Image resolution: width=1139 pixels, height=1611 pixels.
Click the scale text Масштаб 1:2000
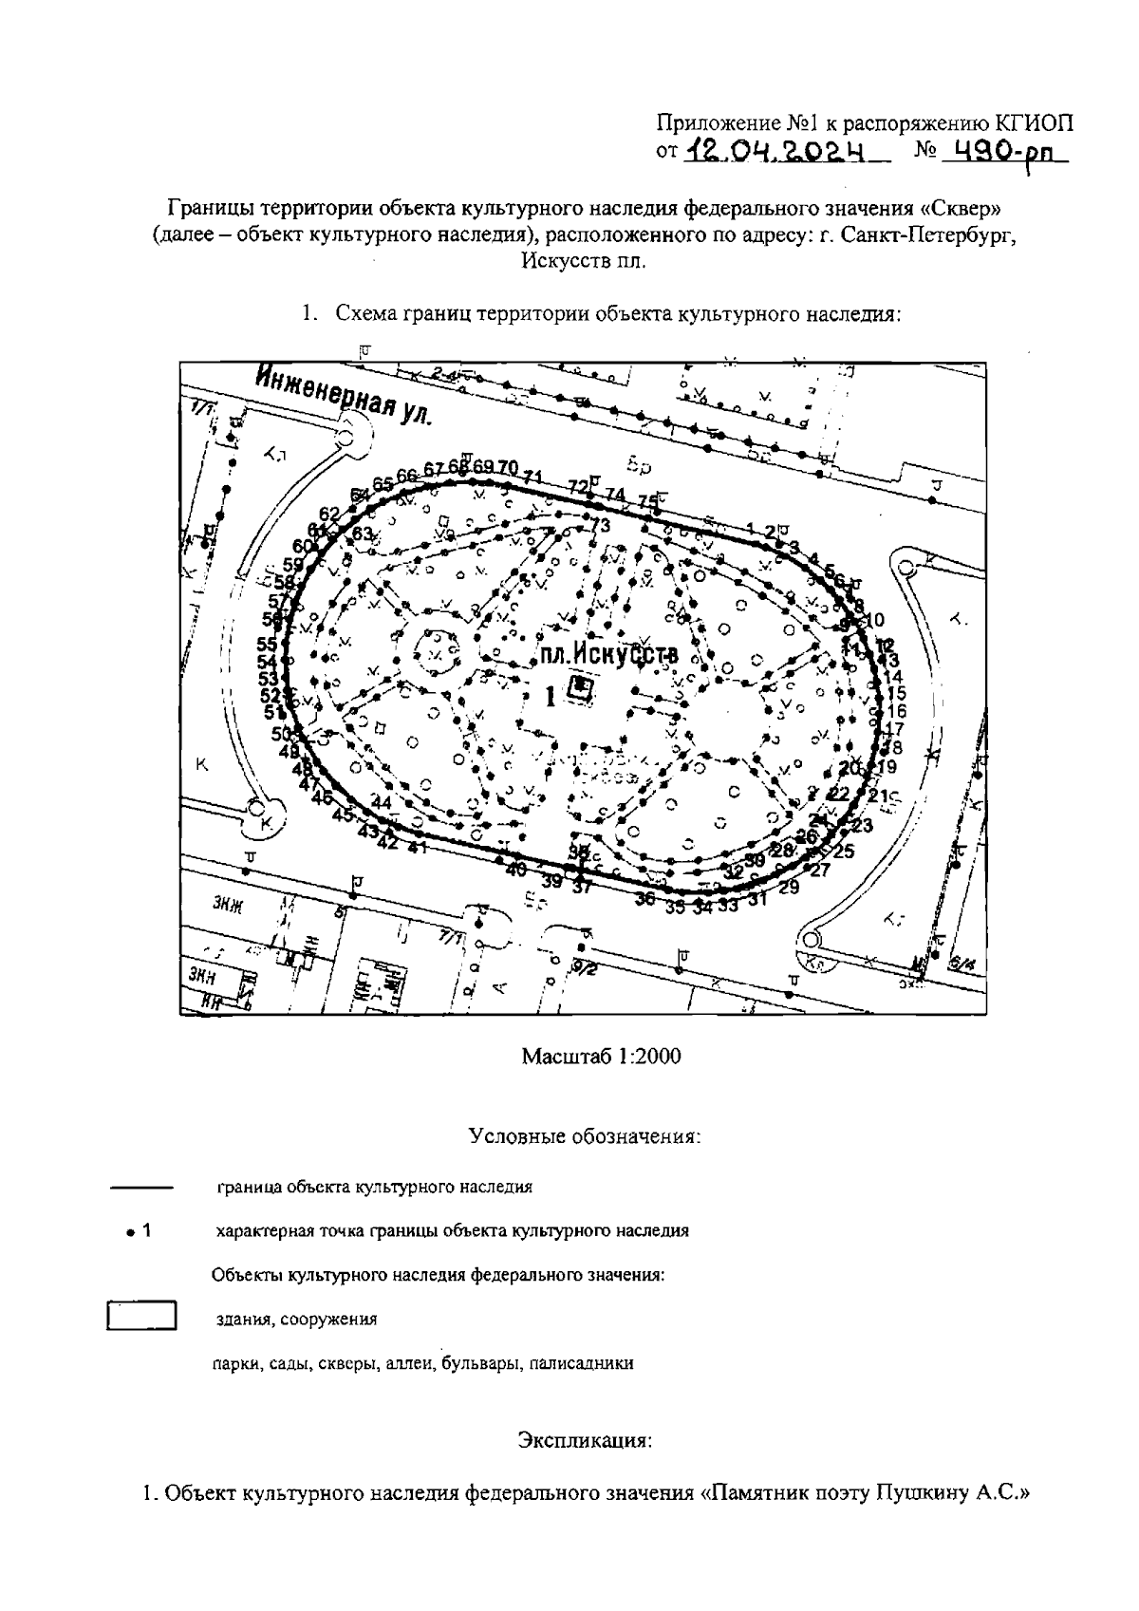tap(601, 1057)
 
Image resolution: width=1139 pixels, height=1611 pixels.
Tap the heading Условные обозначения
tap(585, 1136)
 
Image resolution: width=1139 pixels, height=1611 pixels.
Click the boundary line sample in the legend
tap(140, 1188)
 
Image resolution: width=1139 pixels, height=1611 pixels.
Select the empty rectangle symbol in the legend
tap(141, 1319)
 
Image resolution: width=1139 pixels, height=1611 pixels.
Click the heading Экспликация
tap(585, 1440)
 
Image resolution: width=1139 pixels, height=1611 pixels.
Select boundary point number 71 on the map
tap(532, 477)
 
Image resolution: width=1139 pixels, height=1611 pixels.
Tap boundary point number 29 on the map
tap(789, 888)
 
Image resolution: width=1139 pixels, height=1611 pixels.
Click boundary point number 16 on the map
tap(896, 711)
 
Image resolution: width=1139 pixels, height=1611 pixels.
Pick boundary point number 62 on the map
tap(329, 515)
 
